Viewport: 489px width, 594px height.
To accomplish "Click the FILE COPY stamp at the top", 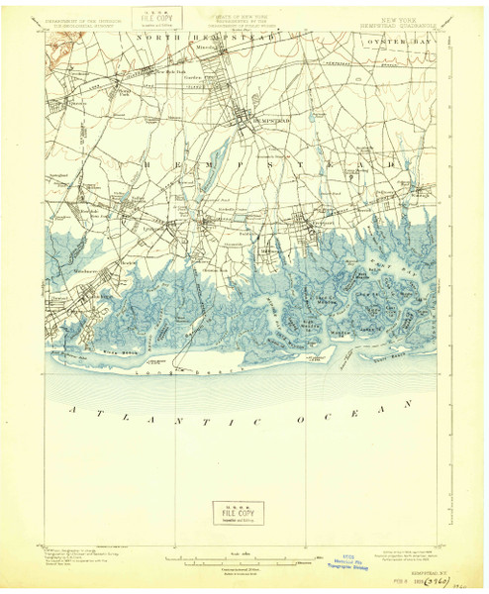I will click(150, 18).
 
